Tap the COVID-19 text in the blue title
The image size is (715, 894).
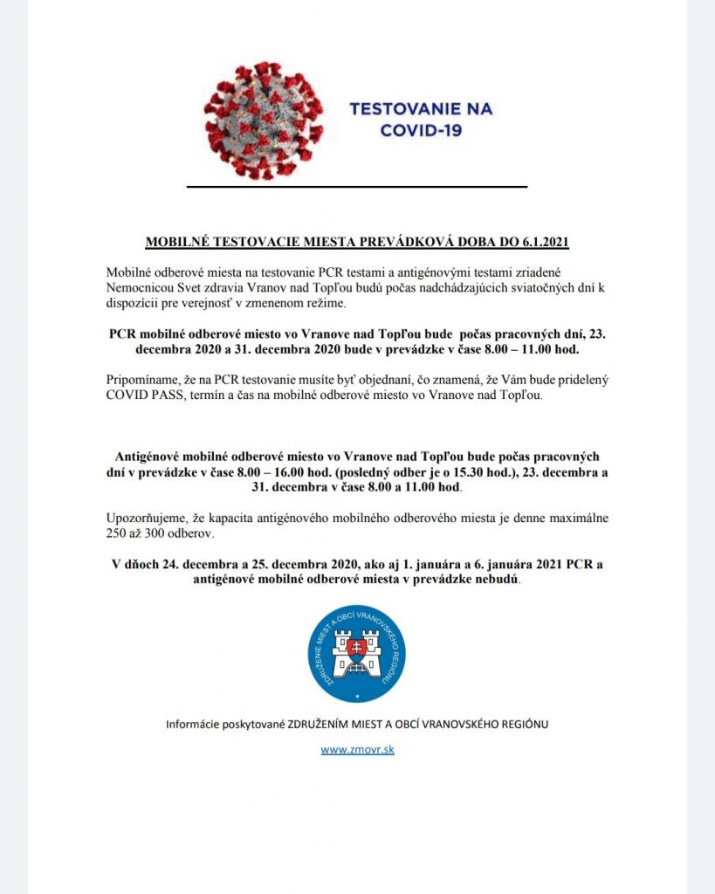click(x=421, y=131)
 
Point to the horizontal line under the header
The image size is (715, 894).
click(x=357, y=186)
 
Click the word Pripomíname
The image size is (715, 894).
click(x=142, y=380)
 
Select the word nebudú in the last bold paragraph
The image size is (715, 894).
click(x=498, y=578)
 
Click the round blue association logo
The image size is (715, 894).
click(x=356, y=655)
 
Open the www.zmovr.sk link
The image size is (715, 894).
click(x=357, y=749)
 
